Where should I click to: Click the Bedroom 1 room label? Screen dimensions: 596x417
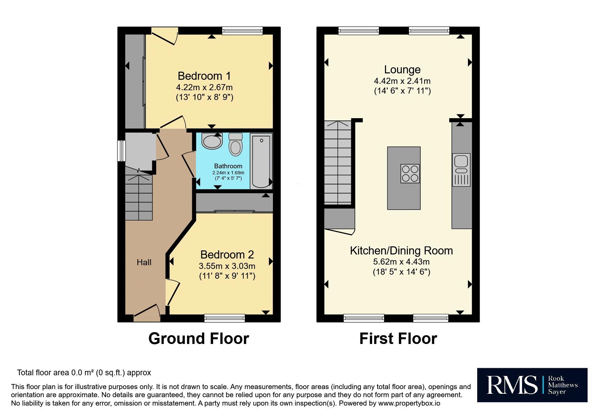click(x=204, y=76)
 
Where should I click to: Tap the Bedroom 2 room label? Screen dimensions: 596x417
click(x=227, y=255)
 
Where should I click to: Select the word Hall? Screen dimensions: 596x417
click(x=144, y=263)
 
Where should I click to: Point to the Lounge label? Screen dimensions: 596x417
click(x=402, y=70)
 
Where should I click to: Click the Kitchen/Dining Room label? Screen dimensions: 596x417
click(x=401, y=251)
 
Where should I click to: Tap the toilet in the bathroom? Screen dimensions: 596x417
click(x=236, y=144)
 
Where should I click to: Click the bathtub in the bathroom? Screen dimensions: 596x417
click(x=261, y=161)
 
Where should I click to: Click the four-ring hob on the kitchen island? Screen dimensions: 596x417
click(x=410, y=173)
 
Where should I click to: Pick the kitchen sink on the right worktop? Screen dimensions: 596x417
click(x=461, y=170)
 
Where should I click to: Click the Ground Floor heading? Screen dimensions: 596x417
click(x=199, y=339)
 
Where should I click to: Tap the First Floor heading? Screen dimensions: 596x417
click(x=398, y=339)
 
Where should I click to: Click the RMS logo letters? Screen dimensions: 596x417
click(x=512, y=385)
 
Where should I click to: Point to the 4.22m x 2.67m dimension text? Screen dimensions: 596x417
click(x=204, y=88)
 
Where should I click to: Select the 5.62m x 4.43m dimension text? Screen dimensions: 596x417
click(x=401, y=262)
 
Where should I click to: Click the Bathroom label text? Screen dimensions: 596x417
click(x=228, y=166)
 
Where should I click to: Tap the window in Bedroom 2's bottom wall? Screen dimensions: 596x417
click(x=224, y=318)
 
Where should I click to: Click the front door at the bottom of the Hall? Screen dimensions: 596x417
click(x=147, y=313)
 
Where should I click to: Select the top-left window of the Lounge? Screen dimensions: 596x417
click(x=359, y=31)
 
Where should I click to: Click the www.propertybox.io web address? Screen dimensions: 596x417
click(x=409, y=403)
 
